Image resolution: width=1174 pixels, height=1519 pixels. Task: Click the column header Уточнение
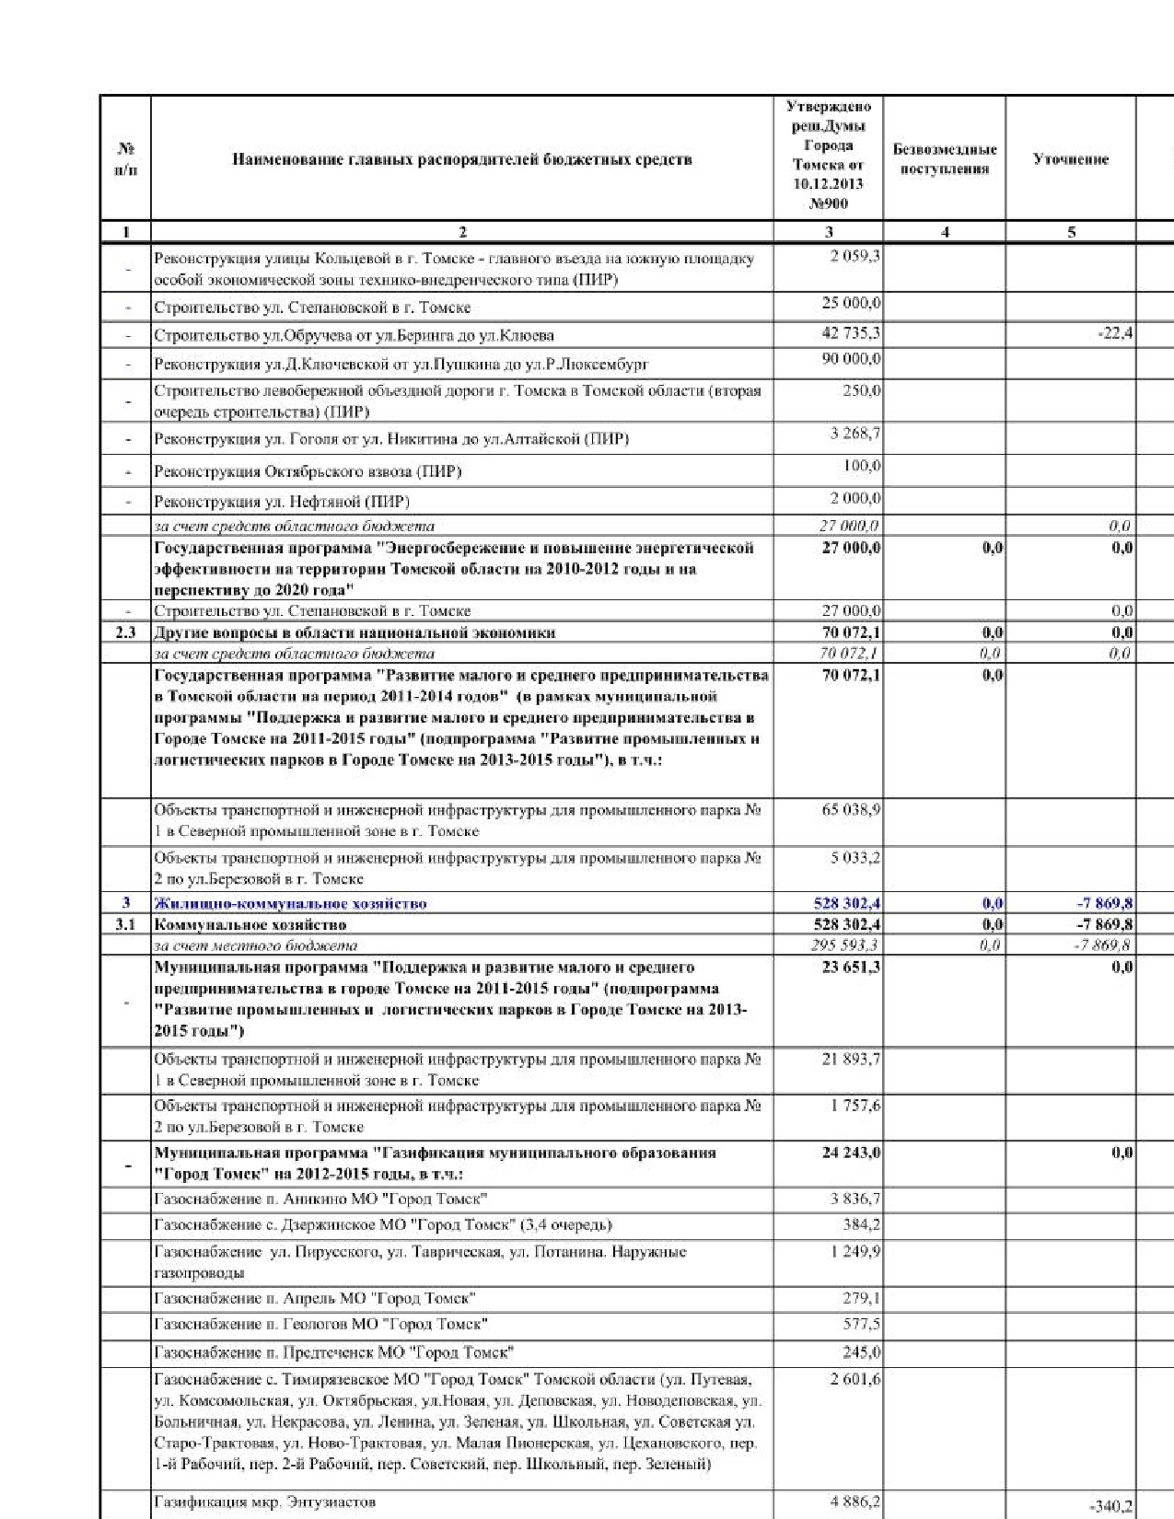pos(1070,159)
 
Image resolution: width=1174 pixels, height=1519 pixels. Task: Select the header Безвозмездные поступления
pos(944,159)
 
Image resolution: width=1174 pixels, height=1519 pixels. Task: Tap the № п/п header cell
pos(126,159)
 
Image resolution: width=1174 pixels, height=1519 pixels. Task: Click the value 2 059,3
pos(854,256)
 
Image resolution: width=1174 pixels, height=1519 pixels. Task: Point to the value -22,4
pos(1115,333)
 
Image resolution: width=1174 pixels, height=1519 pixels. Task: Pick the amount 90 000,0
pos(851,359)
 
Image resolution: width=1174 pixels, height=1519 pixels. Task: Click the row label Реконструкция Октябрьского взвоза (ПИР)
pos(308,472)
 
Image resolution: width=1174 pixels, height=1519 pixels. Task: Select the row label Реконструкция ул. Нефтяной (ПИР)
pos(282,502)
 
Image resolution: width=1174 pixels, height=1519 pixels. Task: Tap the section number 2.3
pos(126,632)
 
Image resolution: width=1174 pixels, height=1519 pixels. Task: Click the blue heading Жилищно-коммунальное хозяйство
pos(290,903)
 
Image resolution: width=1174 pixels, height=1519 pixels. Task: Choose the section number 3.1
pos(126,924)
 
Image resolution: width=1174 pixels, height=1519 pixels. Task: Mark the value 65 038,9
pos(851,810)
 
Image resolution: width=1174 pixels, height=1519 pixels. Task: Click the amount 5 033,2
pos(854,858)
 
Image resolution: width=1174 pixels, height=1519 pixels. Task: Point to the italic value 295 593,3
pos(848,945)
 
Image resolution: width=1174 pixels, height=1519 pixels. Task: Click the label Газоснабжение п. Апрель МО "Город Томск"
pos(315,1298)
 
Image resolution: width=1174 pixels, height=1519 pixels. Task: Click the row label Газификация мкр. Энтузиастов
pos(265,1502)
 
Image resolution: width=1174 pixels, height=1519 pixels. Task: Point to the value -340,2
pos(1110,1506)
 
